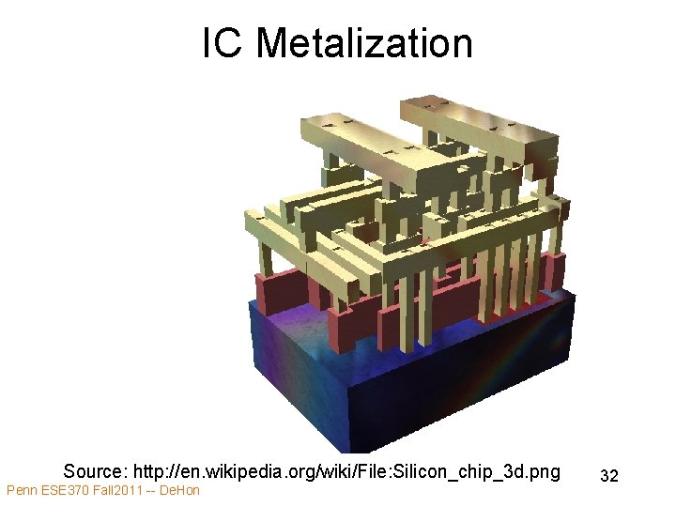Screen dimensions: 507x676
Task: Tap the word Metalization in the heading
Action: (364, 43)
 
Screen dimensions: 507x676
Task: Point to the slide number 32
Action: (608, 476)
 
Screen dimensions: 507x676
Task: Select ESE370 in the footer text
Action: (65, 491)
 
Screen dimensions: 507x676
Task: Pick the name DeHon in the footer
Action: (181, 491)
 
